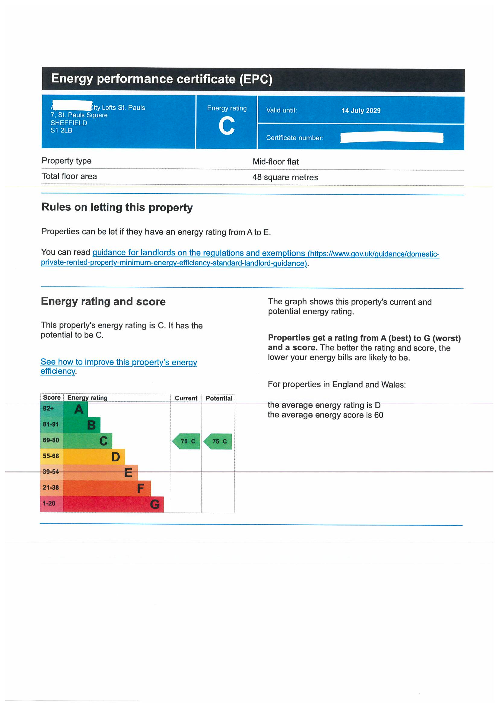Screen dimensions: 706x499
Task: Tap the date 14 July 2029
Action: (361, 110)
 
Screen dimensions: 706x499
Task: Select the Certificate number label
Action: (295, 138)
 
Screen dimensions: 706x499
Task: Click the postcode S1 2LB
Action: (62, 130)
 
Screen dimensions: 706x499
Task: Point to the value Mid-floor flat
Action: (276, 162)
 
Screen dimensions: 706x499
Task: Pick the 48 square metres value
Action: (285, 177)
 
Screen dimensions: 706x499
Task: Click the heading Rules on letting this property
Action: (117, 207)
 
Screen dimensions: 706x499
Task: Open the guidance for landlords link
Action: (199, 253)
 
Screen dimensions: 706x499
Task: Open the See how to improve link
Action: (119, 362)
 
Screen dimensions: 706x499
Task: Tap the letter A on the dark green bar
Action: (79, 409)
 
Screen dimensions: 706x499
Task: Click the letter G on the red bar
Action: (154, 504)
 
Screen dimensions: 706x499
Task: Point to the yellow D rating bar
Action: (94, 457)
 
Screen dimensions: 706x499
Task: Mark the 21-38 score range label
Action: (51, 488)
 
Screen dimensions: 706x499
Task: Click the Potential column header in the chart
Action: (219, 398)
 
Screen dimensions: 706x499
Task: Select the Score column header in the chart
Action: (52, 398)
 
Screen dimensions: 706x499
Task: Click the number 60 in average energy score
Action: (379, 415)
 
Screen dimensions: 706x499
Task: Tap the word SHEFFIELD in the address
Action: (69, 123)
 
